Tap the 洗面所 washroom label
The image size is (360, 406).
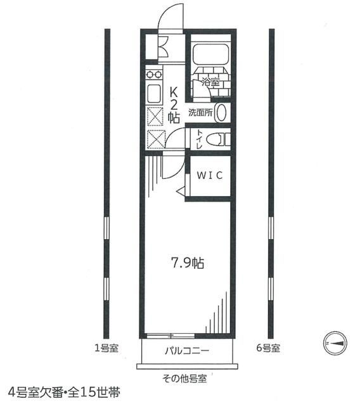198,113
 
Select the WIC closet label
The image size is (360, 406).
207,176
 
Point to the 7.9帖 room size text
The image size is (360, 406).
187,262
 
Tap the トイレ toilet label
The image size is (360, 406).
200,139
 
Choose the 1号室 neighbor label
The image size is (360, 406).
105,348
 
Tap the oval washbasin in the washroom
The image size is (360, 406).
221,113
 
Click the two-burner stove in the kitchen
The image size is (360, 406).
153,74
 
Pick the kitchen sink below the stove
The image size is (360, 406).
154,94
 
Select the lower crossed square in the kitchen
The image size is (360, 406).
154,138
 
